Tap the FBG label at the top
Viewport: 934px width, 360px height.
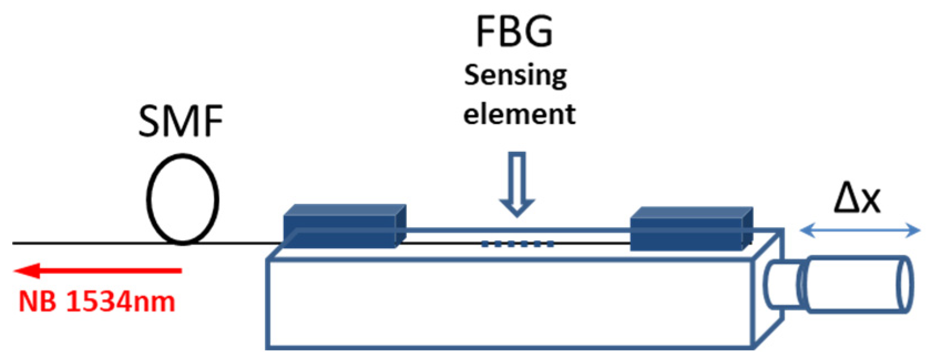pyautogui.click(x=514, y=32)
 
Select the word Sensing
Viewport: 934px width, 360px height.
pyautogui.click(x=515, y=76)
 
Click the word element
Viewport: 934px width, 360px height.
pyautogui.click(x=519, y=114)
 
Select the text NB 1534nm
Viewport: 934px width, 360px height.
pyautogui.click(x=97, y=302)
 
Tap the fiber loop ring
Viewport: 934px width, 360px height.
pyautogui.click(x=182, y=202)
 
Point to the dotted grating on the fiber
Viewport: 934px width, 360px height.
pyautogui.click(x=517, y=243)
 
